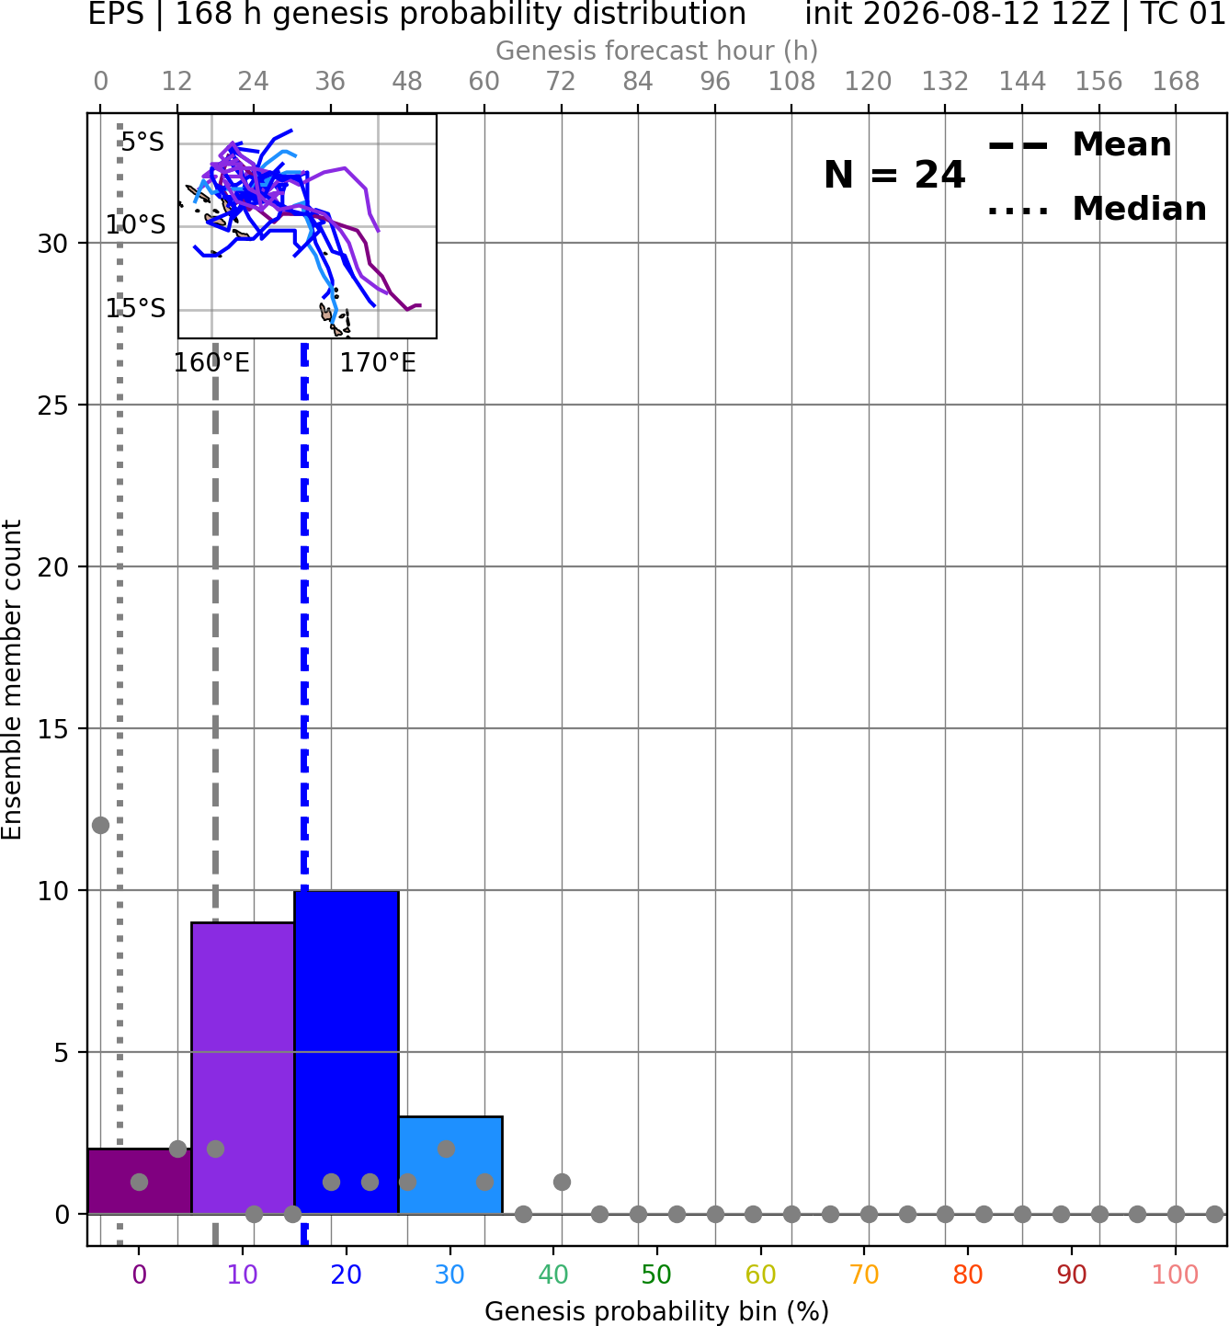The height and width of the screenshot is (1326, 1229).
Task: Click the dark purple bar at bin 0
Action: [x=140, y=1181]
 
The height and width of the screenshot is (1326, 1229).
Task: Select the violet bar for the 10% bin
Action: [x=243, y=1069]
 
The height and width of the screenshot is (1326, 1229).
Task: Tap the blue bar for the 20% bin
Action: [x=347, y=1052]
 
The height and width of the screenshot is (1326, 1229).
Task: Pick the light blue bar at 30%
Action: [x=450, y=1165]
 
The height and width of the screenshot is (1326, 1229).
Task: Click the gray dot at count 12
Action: [x=101, y=825]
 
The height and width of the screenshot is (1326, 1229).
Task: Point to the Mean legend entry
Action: [x=1079, y=145]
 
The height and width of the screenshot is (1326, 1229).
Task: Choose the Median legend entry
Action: [x=1098, y=209]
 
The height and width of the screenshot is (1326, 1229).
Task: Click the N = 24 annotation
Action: [x=894, y=175]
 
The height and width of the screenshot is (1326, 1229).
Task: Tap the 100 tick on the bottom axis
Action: [x=1176, y=1275]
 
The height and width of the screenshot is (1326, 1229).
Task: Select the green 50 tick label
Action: [x=657, y=1275]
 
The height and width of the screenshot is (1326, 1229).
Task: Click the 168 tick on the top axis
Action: [x=1176, y=82]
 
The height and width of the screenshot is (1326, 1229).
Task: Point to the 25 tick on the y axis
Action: [x=53, y=406]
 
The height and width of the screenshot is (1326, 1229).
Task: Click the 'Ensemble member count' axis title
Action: [x=11, y=680]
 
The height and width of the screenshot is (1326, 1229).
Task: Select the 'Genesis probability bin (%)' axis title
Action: [x=657, y=1311]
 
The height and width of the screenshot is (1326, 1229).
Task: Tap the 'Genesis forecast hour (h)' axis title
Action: [x=657, y=51]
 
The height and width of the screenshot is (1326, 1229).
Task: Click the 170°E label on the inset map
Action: [x=378, y=363]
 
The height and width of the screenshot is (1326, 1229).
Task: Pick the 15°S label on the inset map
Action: [x=135, y=308]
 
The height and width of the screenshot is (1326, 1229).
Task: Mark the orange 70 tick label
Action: [x=864, y=1275]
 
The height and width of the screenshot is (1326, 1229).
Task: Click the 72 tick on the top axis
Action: [x=561, y=82]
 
